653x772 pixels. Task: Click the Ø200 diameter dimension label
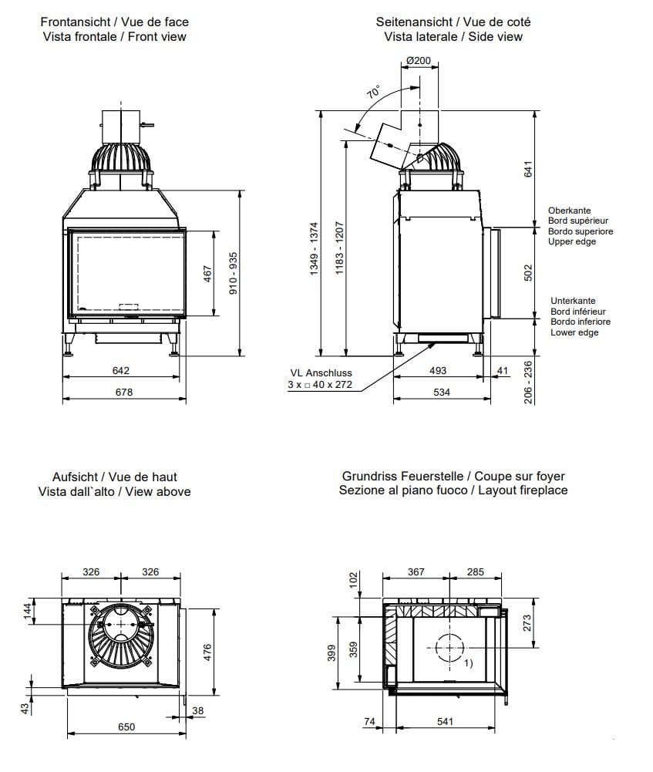coord(419,60)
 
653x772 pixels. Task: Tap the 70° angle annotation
coord(375,93)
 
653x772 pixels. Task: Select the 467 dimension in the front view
coord(207,274)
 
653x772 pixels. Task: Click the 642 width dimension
coord(121,371)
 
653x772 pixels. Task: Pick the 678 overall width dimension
coord(124,392)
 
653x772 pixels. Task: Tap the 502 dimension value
coord(529,273)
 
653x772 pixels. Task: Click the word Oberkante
coord(569,211)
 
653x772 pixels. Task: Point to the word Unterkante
coord(573,302)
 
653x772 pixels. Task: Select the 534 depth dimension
coord(441,393)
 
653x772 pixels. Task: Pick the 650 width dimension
coord(126,726)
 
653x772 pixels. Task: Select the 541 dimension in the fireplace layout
coord(444,721)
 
